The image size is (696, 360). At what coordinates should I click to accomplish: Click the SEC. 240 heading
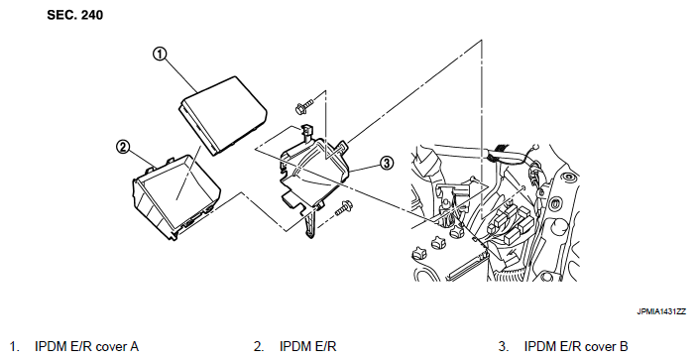pyautogui.click(x=74, y=15)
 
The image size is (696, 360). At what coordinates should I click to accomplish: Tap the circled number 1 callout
pyautogui.click(x=160, y=55)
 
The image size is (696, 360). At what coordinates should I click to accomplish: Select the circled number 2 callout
pyautogui.click(x=123, y=147)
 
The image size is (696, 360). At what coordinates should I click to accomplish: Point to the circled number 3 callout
pyautogui.click(x=387, y=164)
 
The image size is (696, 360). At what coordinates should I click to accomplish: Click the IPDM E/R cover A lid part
pyautogui.click(x=223, y=116)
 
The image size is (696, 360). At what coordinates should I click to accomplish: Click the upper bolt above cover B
pyautogui.click(x=303, y=106)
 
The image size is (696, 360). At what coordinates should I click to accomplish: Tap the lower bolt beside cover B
pyautogui.click(x=343, y=207)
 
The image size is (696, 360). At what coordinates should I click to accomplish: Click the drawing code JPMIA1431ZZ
pyautogui.click(x=661, y=311)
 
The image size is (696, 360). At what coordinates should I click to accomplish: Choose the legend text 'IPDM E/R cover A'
pyautogui.click(x=86, y=346)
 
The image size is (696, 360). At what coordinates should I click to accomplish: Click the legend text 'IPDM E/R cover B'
pyautogui.click(x=576, y=346)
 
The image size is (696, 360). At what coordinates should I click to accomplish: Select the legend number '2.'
pyautogui.click(x=259, y=346)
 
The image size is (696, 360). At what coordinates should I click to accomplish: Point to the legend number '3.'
pyautogui.click(x=504, y=346)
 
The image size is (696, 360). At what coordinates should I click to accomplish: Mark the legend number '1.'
pyautogui.click(x=15, y=346)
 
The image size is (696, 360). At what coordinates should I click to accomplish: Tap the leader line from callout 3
pyautogui.click(x=365, y=167)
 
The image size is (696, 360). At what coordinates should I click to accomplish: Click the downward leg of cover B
pyautogui.click(x=311, y=223)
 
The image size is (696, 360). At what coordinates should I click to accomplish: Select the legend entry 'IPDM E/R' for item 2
pyautogui.click(x=307, y=346)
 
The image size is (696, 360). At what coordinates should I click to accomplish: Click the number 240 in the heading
pyautogui.click(x=92, y=15)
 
